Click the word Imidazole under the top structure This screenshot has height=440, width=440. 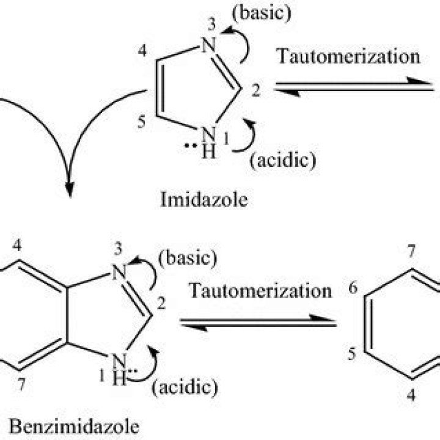click(x=205, y=200)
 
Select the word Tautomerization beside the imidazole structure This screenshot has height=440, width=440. click(x=348, y=56)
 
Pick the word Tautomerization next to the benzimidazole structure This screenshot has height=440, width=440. click(x=260, y=290)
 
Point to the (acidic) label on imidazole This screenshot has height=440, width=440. click(x=282, y=161)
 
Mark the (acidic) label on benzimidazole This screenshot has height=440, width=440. click(x=187, y=386)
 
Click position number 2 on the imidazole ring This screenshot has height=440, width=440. click(x=255, y=92)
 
